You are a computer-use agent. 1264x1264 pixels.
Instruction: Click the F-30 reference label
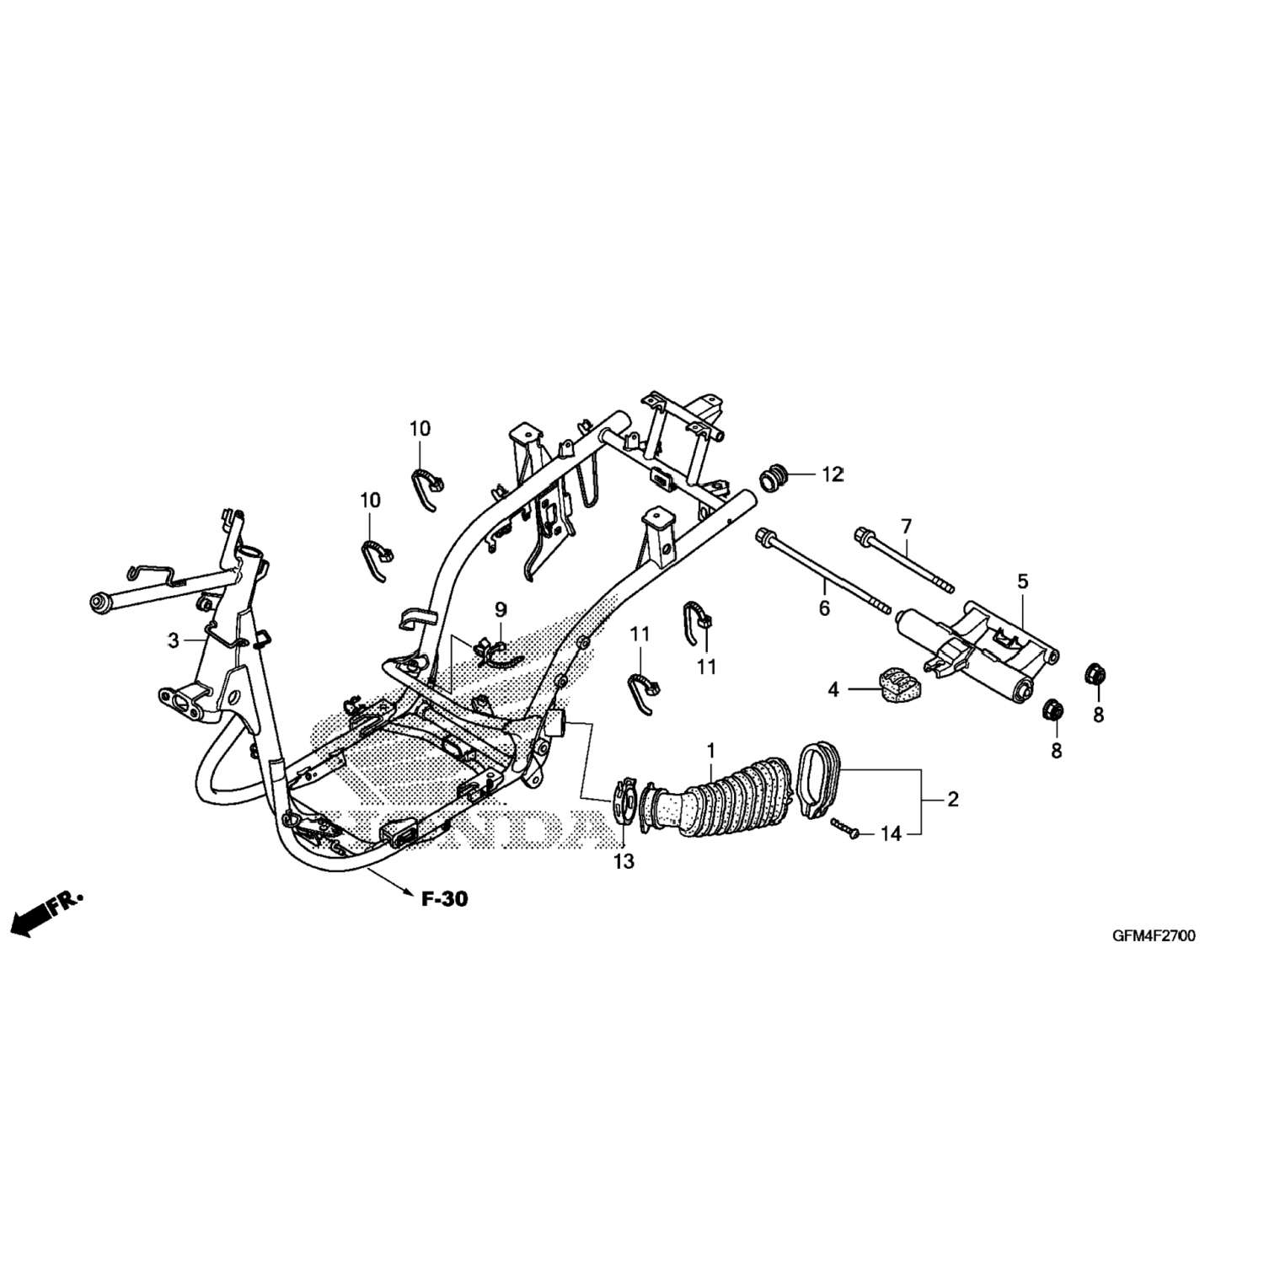point(444,900)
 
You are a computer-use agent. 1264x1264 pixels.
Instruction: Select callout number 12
point(833,475)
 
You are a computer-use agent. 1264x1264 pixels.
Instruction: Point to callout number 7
point(906,527)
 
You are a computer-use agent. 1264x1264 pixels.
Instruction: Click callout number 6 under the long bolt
point(824,607)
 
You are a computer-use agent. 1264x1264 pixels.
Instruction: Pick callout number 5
point(1023,581)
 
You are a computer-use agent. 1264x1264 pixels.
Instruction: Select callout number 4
point(833,690)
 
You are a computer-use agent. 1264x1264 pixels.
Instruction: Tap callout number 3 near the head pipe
point(174,640)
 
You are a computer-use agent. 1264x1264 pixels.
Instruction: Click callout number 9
point(501,608)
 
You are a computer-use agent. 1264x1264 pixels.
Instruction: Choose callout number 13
point(624,861)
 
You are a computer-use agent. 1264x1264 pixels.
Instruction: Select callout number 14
point(892,834)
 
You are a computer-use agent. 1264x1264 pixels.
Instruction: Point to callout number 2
point(953,799)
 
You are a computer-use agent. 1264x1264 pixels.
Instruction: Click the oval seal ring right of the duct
point(816,775)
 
